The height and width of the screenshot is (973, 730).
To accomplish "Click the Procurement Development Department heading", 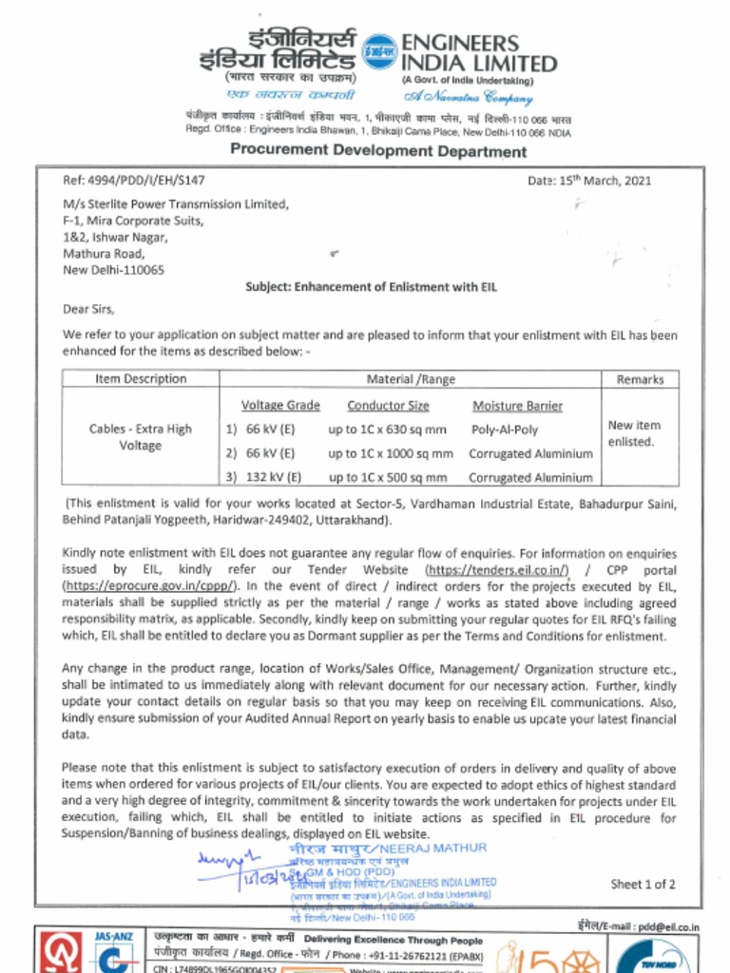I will pos(377,151).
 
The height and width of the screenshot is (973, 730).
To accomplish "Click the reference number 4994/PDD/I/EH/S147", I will pos(134,180).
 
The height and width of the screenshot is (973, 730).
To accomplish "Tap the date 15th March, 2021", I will pos(589,181).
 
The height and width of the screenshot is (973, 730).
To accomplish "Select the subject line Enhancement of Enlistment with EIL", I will pos(371,287).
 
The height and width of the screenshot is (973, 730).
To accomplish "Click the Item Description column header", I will pos(141,379).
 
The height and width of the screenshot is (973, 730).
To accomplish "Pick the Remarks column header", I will pos(640,379).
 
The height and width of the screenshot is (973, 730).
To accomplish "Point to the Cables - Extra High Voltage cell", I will pos(141,437).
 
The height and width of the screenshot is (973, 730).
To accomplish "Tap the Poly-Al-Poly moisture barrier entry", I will pos(505,429).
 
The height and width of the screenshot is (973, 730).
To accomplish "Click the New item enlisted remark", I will pos(634,433).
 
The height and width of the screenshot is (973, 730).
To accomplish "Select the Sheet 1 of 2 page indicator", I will pos(643,884).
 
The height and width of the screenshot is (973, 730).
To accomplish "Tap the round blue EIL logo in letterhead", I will pos(381,51).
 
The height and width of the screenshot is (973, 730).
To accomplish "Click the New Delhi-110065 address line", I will pos(113,270).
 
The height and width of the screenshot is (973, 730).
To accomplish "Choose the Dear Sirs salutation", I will pos(88,309).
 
